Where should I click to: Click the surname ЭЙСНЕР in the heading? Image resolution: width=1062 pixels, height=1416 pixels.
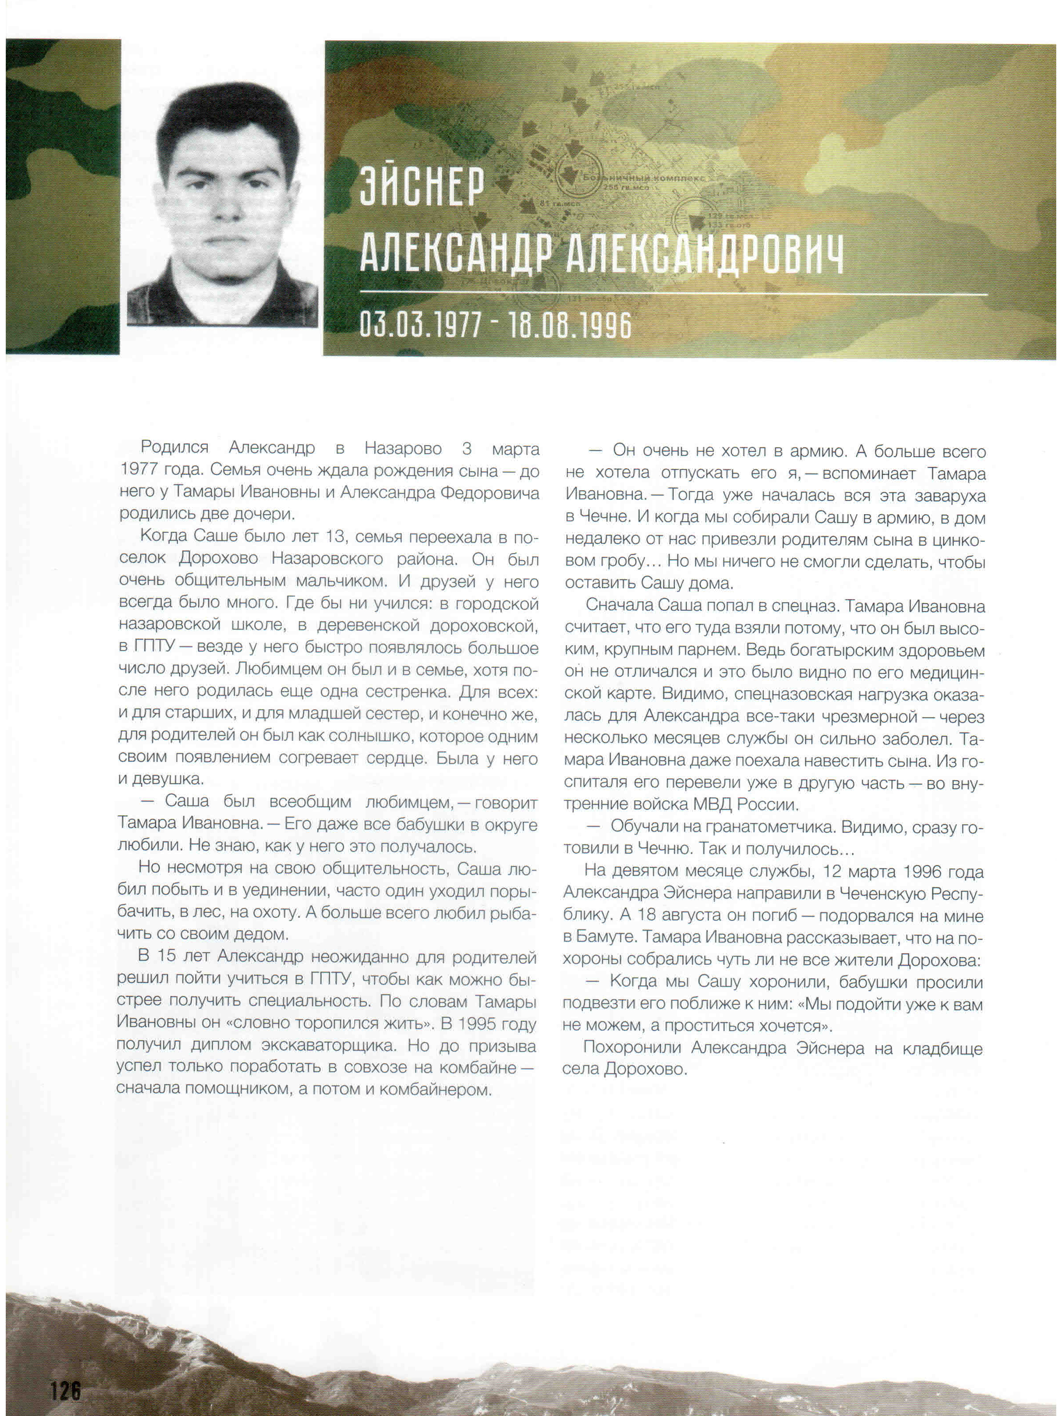coord(422,186)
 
